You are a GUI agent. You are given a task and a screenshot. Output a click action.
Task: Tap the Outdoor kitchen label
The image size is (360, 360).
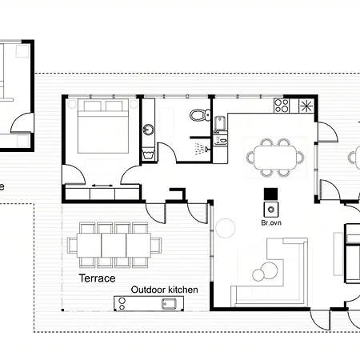(164, 290)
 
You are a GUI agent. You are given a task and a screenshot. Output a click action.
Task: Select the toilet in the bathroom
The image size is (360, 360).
(198, 116)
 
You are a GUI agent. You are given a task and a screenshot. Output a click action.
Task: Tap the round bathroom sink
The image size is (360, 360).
(147, 129)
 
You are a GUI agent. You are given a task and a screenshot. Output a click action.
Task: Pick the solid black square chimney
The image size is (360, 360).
(270, 194)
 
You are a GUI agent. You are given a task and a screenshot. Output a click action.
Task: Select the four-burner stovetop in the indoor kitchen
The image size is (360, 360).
(281, 105)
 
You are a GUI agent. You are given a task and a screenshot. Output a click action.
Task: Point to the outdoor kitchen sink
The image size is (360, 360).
(170, 304)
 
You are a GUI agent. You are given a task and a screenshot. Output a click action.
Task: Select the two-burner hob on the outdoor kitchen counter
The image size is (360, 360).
(122, 303)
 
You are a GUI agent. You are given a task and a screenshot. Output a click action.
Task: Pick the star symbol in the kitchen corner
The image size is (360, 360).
(305, 106)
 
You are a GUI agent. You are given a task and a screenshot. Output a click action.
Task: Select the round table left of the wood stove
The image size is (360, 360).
(226, 229)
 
